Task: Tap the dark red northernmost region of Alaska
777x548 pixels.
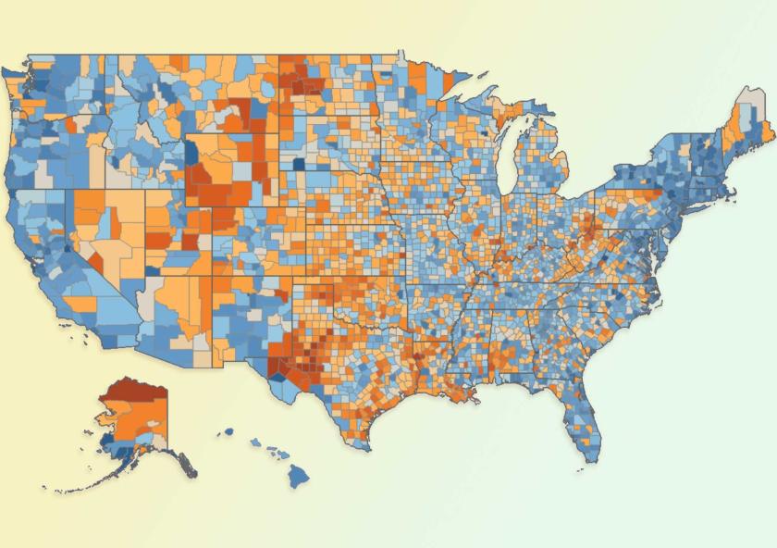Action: point(134,394)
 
